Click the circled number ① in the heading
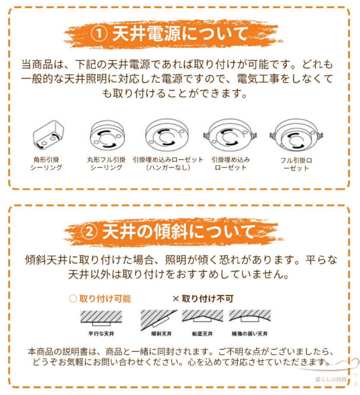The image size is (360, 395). [x=98, y=34]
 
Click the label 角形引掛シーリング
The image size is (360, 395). [x=46, y=163]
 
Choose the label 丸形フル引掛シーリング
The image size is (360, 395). [x=106, y=163]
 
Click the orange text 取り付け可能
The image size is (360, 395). [x=105, y=299]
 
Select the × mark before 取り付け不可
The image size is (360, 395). [x=176, y=299]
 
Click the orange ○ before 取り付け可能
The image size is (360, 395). [x=73, y=299]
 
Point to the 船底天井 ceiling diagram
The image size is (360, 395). [x=202, y=316]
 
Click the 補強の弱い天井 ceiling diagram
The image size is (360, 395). [x=250, y=316]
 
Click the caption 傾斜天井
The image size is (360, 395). [x=162, y=334]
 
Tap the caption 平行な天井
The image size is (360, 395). [x=101, y=334]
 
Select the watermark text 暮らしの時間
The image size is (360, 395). [x=331, y=379]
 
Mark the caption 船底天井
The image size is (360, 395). [x=202, y=334]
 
